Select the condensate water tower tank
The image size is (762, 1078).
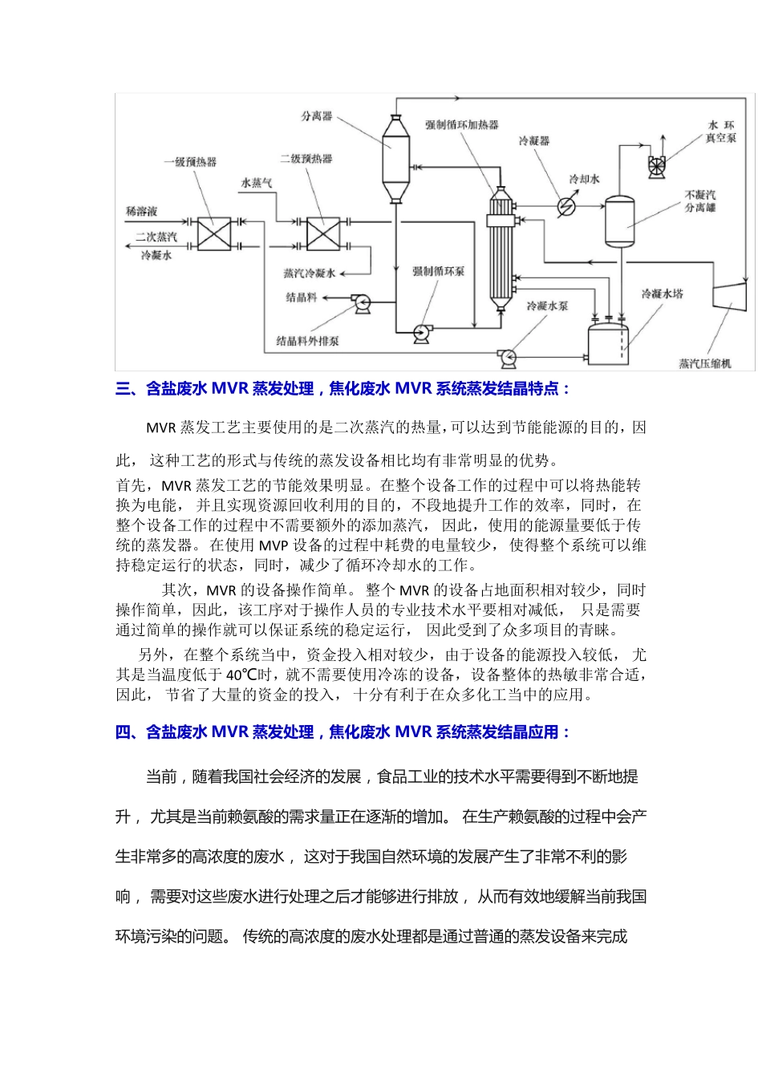pos(607,341)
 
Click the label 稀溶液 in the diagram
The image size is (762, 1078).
pos(142,212)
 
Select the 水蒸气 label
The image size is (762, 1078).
pos(257,183)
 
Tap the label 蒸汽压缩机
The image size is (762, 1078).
pos(705,363)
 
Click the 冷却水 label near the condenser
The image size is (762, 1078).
pos(584,179)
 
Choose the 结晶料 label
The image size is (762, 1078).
pos(302,298)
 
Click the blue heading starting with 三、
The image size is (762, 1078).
pos(343,389)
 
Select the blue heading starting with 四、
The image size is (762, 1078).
pos(343,731)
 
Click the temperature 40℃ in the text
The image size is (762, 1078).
pos(241,675)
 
